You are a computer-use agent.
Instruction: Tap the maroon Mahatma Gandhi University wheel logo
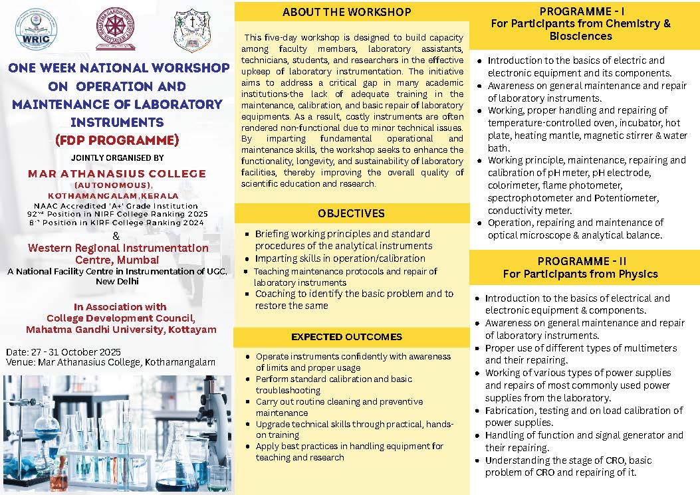pos(114,29)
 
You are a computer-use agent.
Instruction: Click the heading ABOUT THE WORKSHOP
pos(346,12)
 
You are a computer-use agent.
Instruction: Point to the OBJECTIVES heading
pos(351,213)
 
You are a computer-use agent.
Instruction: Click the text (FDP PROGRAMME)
pos(118,140)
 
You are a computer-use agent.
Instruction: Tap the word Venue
pos(19,362)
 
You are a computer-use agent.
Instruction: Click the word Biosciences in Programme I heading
pos(580,36)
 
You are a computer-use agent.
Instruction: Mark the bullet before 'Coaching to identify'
pos(247,294)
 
